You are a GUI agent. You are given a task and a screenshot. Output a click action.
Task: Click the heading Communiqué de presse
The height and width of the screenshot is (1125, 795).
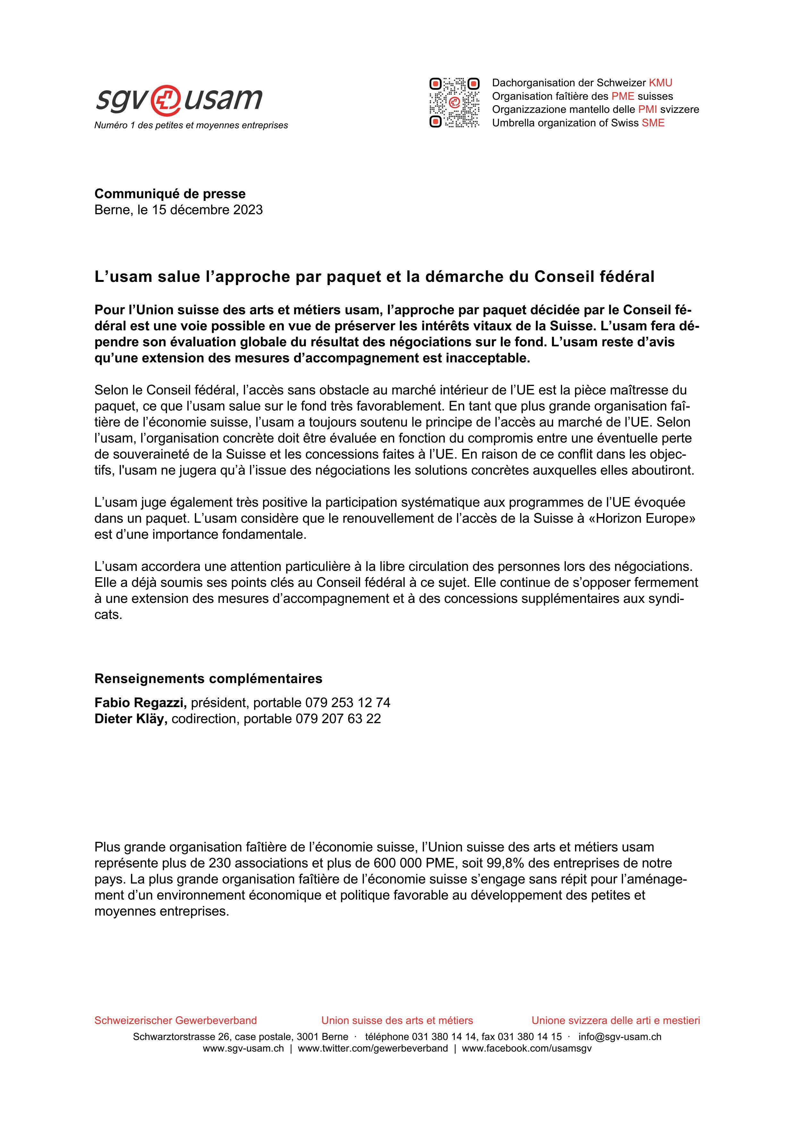[x=170, y=194]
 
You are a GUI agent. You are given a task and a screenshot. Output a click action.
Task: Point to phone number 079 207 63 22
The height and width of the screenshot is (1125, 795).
[x=338, y=719]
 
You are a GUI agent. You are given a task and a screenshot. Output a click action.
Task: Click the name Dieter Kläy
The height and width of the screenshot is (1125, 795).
[x=131, y=719]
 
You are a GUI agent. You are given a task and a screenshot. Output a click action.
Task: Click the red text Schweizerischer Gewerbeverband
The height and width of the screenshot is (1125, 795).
[x=175, y=1021]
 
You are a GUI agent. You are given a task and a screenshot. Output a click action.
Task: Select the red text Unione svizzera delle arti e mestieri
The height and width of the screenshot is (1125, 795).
[x=616, y=1021]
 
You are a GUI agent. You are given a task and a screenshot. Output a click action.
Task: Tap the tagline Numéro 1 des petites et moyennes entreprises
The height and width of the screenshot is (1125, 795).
[x=191, y=125]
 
